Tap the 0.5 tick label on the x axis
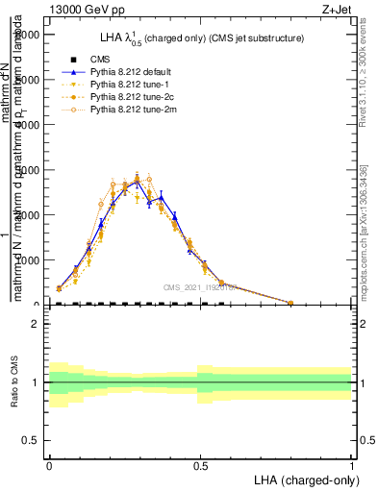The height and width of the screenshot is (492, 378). tap(200, 463)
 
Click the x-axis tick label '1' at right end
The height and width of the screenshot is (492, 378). tap(351, 463)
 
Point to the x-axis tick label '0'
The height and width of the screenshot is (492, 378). tap(49, 463)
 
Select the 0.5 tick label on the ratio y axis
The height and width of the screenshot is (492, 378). tap(31, 440)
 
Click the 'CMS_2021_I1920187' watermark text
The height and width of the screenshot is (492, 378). tap(200, 287)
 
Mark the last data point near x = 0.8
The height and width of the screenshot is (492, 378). tap(290, 303)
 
